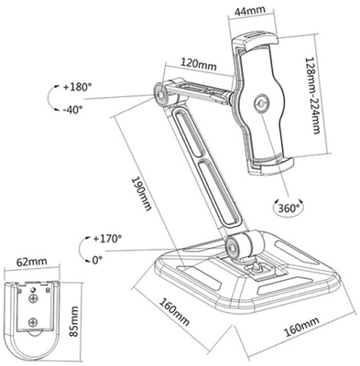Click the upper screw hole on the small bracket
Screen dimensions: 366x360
(35, 298)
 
